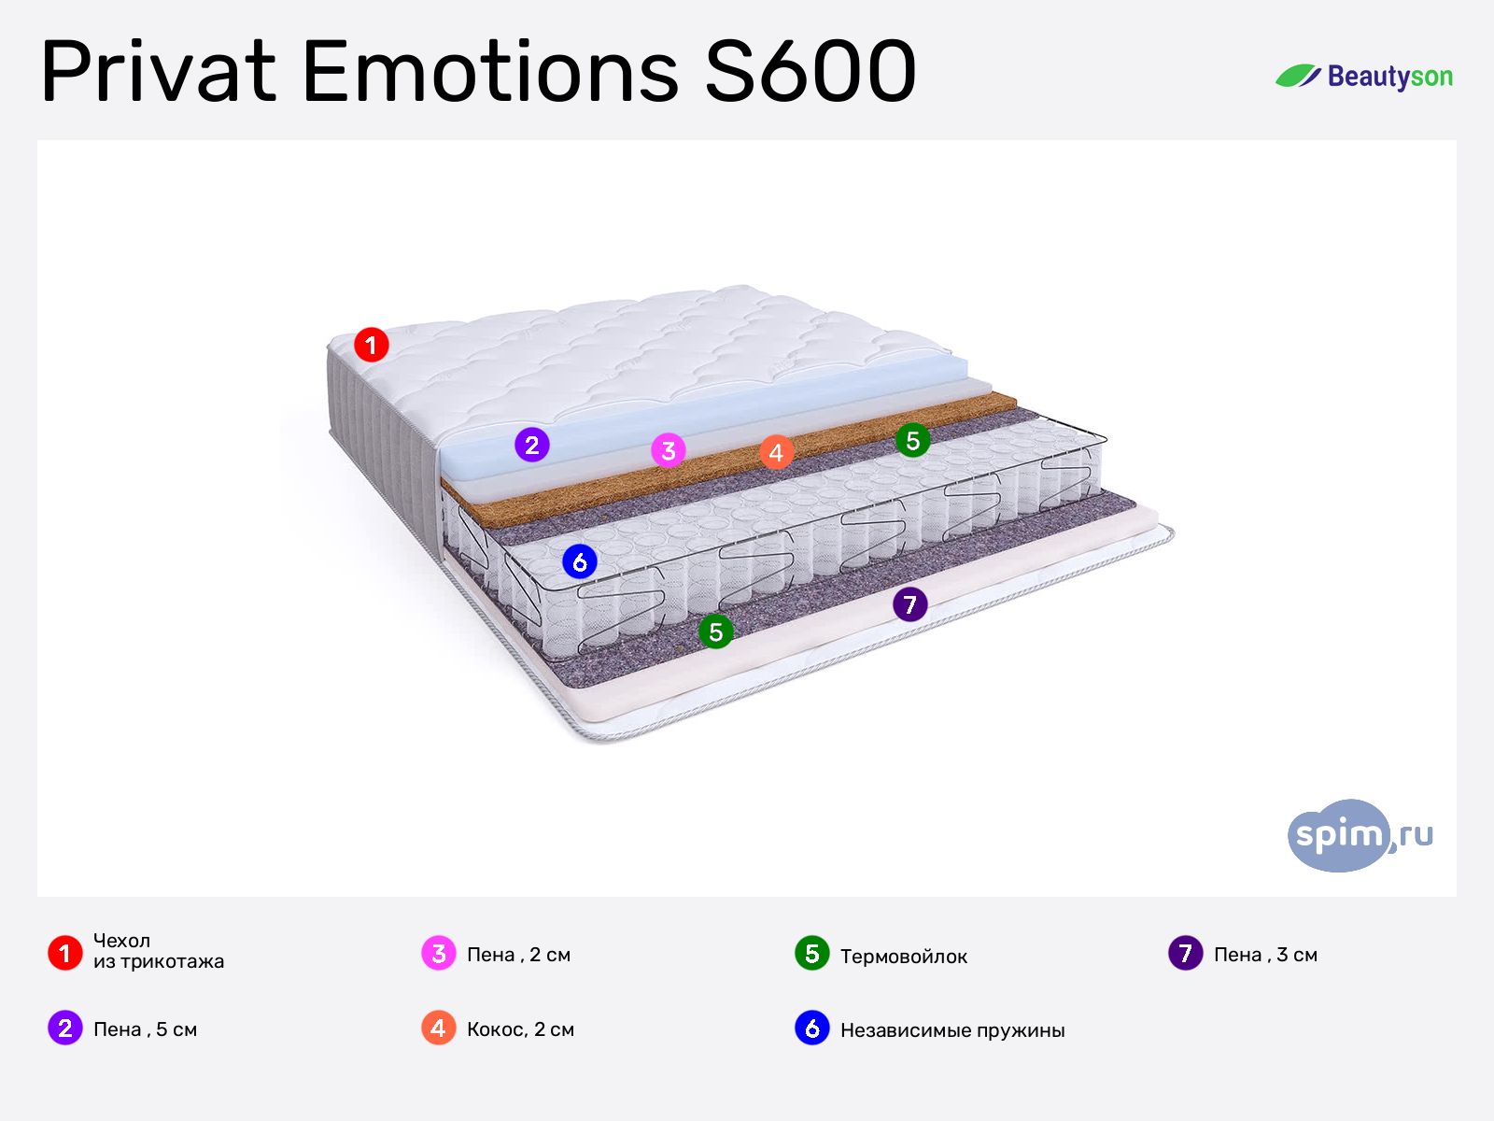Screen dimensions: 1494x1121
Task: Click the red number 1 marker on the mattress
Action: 371,345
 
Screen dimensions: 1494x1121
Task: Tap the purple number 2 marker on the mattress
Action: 532,446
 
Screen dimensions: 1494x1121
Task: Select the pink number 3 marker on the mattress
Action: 669,450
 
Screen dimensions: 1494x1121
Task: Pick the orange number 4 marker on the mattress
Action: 776,453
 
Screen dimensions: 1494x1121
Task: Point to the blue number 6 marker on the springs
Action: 580,562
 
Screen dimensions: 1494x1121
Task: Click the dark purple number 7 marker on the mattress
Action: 910,604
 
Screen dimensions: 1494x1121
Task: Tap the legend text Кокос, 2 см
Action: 521,1029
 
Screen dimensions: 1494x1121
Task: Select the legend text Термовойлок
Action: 904,957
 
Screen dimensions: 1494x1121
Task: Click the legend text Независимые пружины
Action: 953,1030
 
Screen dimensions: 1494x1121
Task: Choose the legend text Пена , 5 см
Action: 145,1029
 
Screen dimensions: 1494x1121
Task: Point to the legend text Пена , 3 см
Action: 1266,955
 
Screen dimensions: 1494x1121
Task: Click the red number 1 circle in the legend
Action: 65,953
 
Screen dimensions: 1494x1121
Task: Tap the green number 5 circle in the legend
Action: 812,954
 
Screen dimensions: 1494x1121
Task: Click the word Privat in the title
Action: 159,72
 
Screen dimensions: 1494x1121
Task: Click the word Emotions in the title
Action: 491,72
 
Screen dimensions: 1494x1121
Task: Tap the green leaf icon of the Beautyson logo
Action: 1298,76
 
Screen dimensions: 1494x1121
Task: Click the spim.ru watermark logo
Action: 1360,835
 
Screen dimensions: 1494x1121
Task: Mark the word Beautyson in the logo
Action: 1389,77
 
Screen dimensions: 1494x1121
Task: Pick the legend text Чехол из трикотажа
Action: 159,951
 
